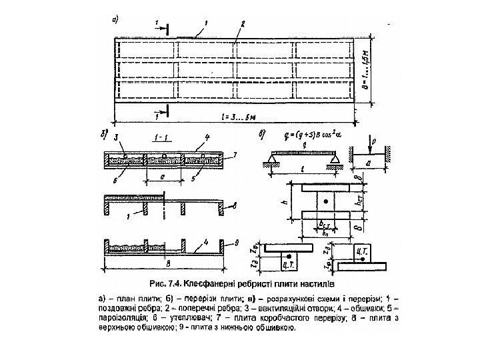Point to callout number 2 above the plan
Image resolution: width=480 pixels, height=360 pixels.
tap(243, 23)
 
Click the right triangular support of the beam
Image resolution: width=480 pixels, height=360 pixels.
tap(333, 161)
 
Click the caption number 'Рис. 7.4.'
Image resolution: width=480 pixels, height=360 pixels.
tap(168, 282)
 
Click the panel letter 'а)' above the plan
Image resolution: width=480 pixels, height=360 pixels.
tap(117, 19)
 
